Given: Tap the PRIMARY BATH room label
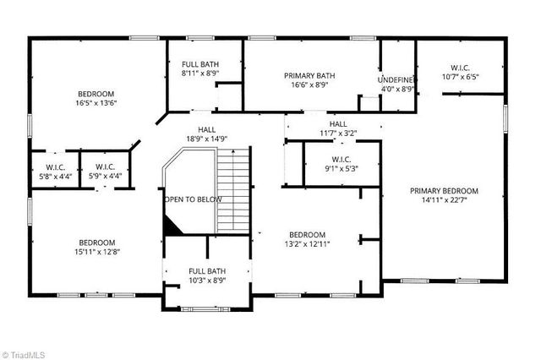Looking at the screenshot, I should click(x=310, y=75).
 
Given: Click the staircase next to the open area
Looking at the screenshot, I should click(x=235, y=189).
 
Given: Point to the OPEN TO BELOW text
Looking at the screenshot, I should click(x=193, y=199).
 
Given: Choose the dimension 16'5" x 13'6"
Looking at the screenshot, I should click(x=96, y=103).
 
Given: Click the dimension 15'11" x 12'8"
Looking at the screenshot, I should click(x=96, y=251).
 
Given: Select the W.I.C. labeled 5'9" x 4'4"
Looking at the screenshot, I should click(x=106, y=166).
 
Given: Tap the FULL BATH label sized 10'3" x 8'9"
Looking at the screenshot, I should click(x=206, y=270).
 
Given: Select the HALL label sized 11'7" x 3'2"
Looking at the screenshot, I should click(x=337, y=124).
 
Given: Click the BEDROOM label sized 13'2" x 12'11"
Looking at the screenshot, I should click(x=307, y=234).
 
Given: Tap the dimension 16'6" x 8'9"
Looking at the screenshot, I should click(x=310, y=85).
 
